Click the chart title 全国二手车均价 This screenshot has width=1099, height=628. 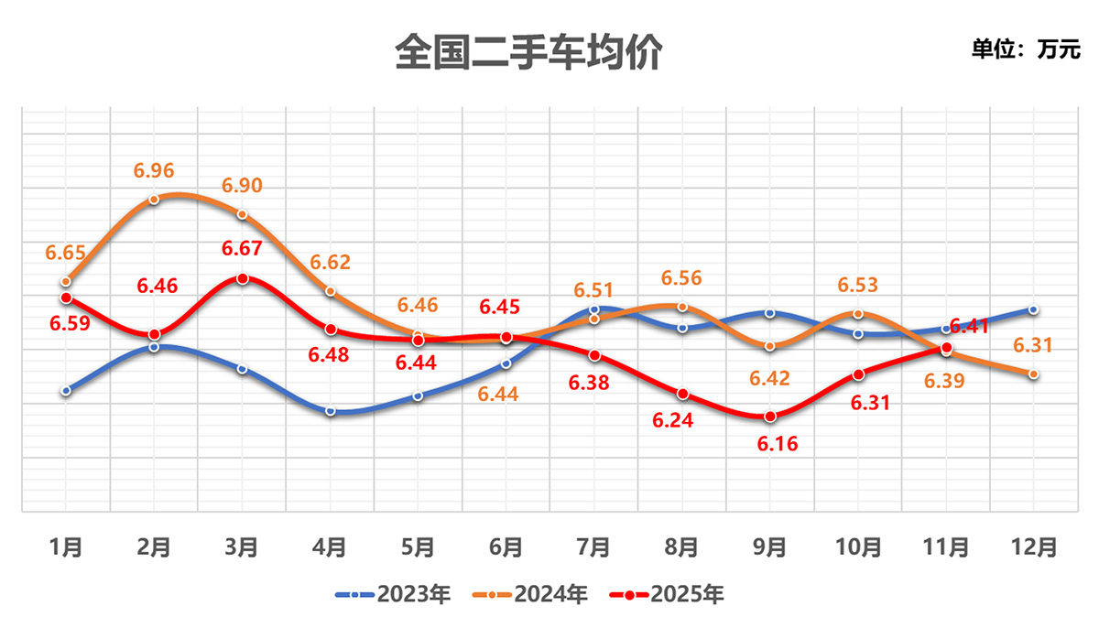(528, 52)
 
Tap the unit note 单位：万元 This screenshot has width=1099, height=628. (1026, 49)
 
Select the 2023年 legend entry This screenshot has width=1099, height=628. (394, 595)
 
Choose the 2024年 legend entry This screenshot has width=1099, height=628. (530, 595)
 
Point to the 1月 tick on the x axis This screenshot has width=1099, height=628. (66, 547)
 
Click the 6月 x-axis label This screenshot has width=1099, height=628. (506, 547)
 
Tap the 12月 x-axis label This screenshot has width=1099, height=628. (1033, 547)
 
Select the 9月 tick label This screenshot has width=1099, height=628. (769, 547)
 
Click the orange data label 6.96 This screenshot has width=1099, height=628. (154, 170)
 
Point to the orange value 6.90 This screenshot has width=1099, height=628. (242, 186)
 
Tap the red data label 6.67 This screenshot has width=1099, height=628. (242, 248)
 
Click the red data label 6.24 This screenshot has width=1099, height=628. (682, 421)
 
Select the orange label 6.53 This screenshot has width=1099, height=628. (858, 286)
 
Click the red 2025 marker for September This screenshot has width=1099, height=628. (770, 417)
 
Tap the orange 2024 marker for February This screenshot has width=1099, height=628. (154, 199)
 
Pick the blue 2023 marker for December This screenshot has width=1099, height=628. (1033, 309)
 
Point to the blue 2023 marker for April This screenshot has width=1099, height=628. (330, 411)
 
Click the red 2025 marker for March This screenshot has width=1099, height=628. (242, 278)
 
